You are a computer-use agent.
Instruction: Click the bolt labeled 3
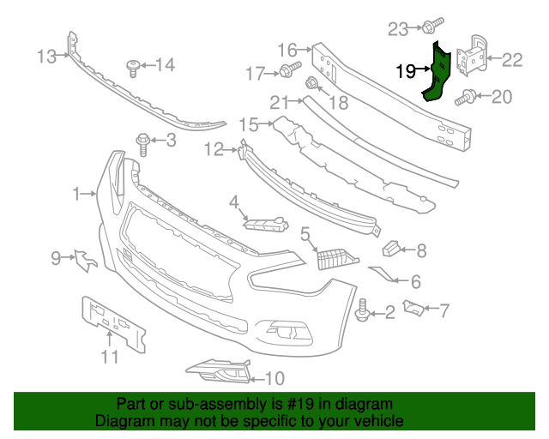[x=142, y=141]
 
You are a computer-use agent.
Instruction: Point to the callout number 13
[x=46, y=57]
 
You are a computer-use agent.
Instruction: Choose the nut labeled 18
[x=312, y=84]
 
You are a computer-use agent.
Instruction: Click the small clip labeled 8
[x=390, y=249]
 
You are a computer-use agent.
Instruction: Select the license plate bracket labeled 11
[x=112, y=322]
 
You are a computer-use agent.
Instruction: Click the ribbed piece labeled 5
[x=334, y=258]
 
